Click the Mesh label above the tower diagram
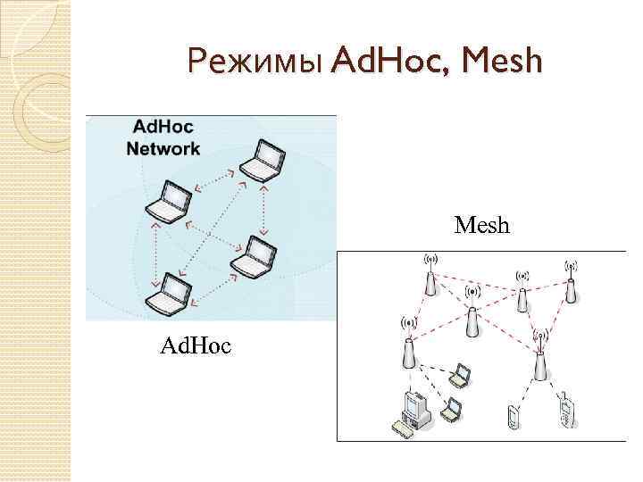coord(481,225)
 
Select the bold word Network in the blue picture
coord(163,148)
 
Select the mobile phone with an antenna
coord(566,410)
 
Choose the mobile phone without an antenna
coord(512,416)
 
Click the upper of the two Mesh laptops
coord(460,376)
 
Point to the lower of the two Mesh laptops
coord(452,411)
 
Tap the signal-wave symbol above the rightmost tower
coord(571,265)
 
